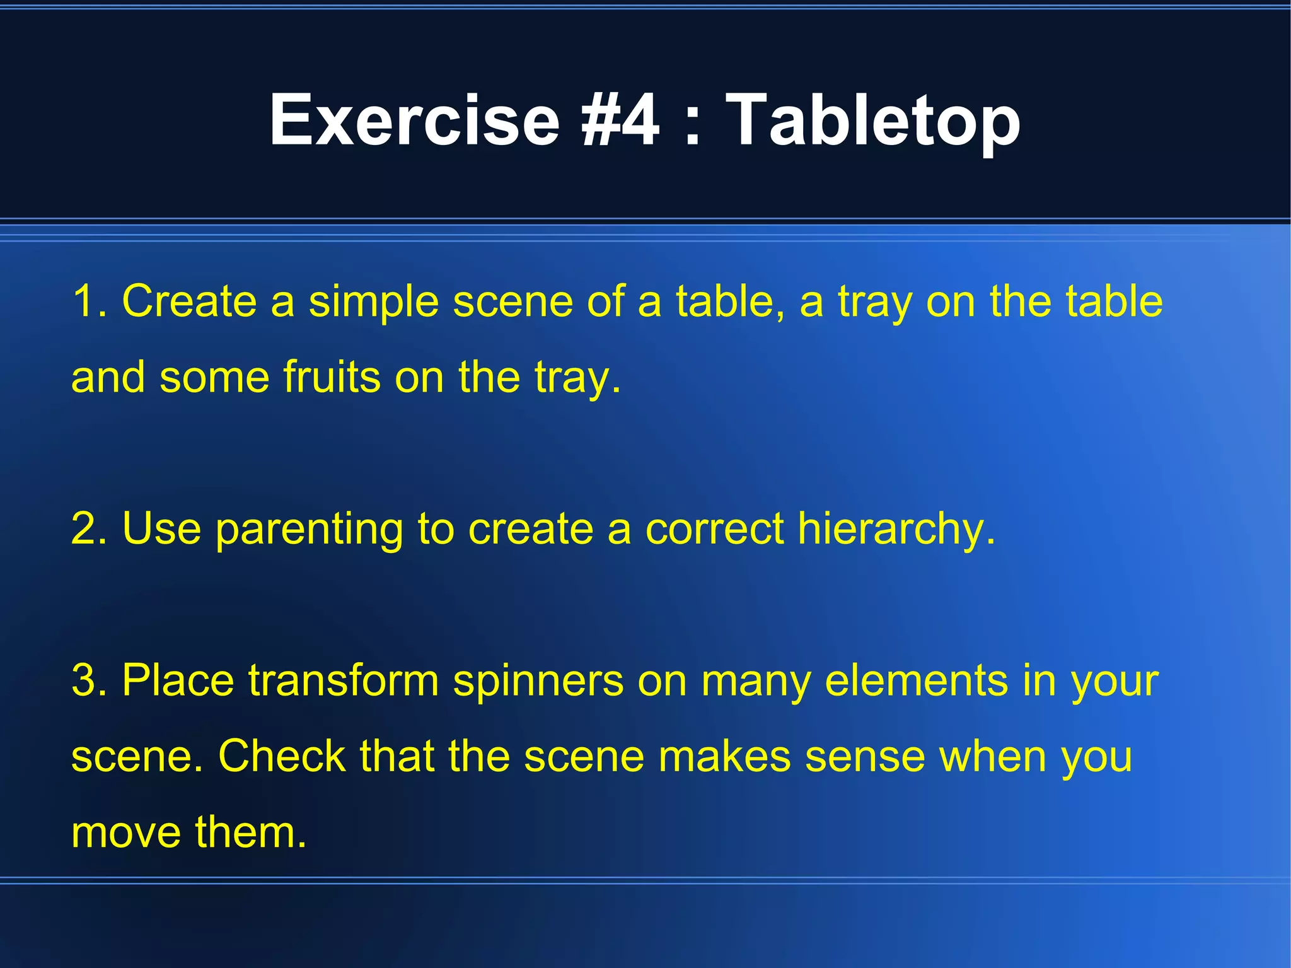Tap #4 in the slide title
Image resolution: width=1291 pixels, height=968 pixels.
coord(620,120)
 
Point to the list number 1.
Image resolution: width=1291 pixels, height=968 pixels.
coord(88,301)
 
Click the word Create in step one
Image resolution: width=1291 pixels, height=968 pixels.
coord(189,301)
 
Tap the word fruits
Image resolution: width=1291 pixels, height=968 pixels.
coord(332,377)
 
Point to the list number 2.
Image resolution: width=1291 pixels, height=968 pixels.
coord(88,528)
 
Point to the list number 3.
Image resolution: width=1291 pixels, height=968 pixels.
coord(88,681)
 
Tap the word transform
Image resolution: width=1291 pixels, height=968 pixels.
coord(343,681)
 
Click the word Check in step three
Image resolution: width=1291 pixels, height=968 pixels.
coord(281,757)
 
